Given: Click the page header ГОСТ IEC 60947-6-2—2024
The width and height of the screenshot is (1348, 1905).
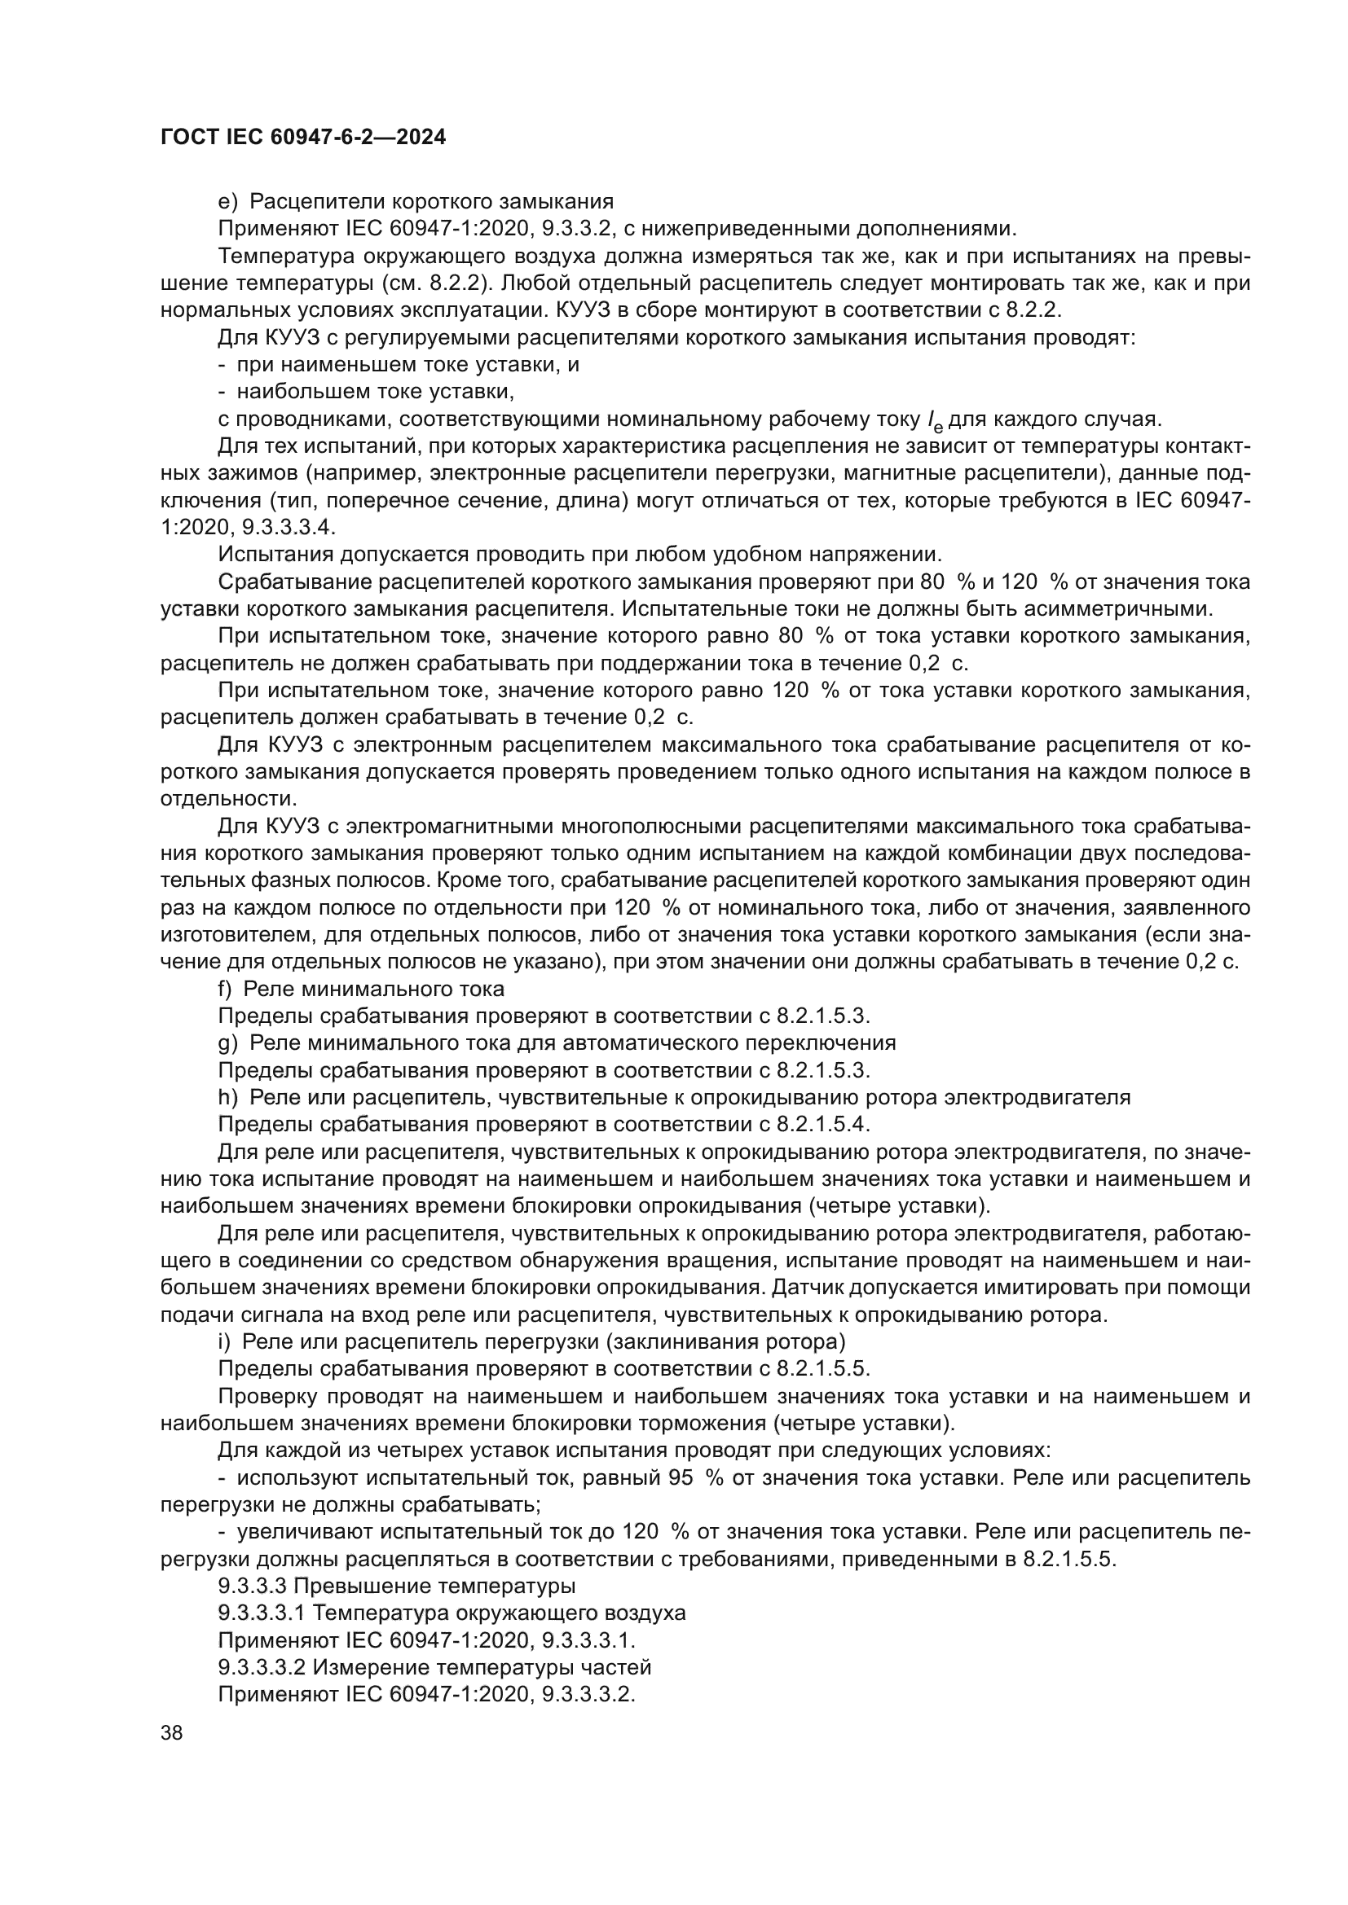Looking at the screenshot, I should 303,138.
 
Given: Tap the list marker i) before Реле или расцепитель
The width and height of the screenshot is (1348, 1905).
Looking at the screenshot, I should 223,1341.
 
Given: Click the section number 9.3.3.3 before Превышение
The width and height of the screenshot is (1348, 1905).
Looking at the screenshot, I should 253,1587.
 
